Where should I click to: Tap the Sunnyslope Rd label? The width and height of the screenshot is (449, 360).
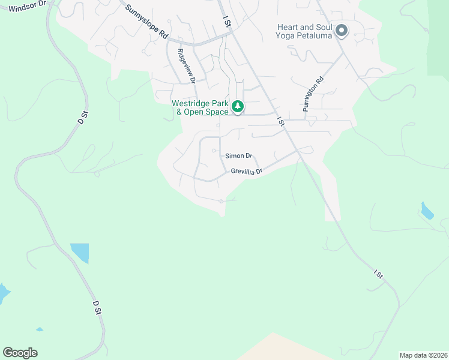(x=146, y=23)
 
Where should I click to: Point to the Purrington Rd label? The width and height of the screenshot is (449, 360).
(x=313, y=94)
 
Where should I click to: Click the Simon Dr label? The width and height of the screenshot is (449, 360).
(x=239, y=155)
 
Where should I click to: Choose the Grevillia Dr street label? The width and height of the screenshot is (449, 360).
(x=247, y=172)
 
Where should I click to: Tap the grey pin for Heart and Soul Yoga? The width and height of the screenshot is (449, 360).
(x=342, y=30)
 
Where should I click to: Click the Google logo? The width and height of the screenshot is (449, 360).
(x=20, y=353)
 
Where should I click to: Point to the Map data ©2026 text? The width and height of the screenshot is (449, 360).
(x=423, y=355)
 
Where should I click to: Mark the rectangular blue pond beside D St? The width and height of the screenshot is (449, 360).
(x=79, y=253)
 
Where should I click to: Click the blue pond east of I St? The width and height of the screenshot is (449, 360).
(x=427, y=211)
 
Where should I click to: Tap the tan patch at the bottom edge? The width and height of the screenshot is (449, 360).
(x=276, y=348)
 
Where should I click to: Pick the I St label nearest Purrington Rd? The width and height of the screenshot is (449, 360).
(x=280, y=121)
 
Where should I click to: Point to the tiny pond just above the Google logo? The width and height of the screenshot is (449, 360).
(x=39, y=329)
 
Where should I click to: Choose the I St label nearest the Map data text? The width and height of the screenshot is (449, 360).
(x=378, y=274)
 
